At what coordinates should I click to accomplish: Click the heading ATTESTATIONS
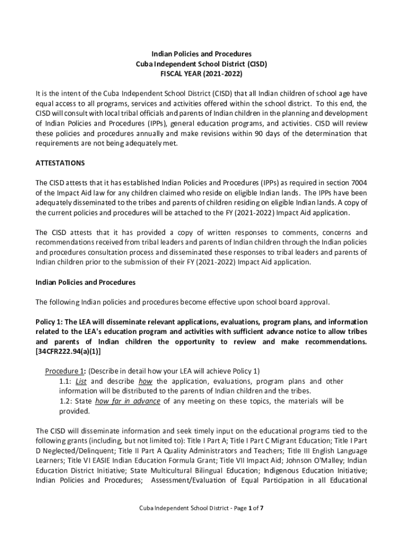pos(60,163)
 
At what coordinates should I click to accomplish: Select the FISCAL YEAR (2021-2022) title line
pos(201,74)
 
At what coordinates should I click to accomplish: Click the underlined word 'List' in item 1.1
pos(81,381)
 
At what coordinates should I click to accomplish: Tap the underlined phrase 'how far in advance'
pos(128,401)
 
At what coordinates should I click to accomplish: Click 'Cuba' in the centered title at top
pos(143,64)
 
